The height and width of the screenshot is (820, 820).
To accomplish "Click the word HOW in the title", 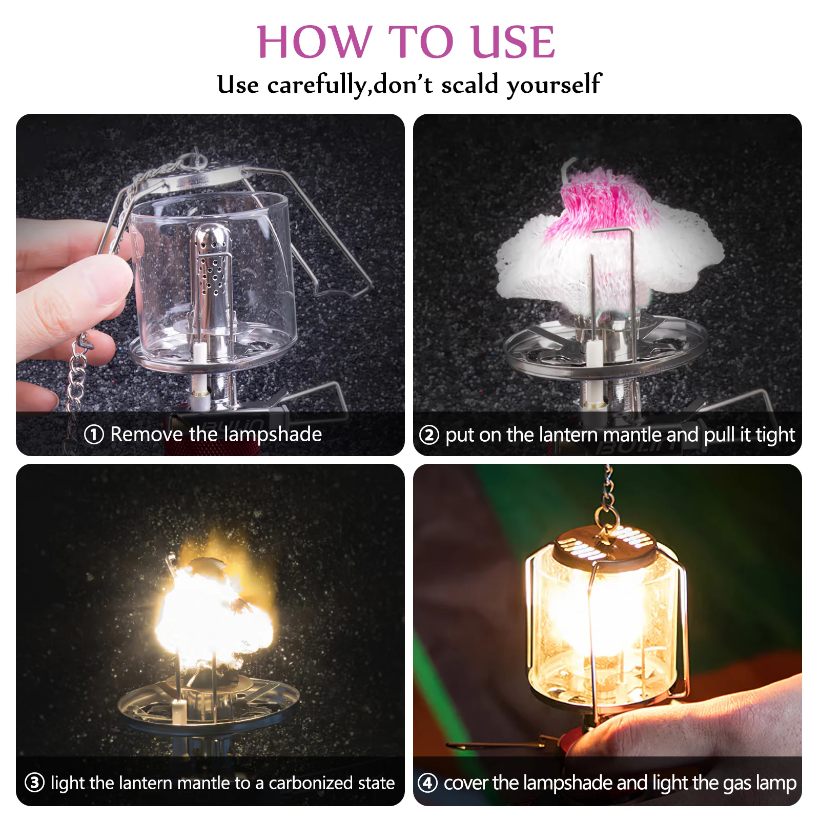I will click(314, 42).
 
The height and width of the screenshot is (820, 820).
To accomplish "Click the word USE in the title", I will click(513, 42).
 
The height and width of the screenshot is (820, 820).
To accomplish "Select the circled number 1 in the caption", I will click(94, 435).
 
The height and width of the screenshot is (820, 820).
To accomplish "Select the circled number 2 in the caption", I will click(429, 435).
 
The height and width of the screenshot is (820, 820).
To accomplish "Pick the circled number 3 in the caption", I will click(34, 783).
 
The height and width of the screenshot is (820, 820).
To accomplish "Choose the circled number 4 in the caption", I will click(428, 783).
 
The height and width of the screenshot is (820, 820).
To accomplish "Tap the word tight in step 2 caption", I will click(775, 435).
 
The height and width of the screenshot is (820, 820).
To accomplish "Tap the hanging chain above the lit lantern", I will click(608, 492).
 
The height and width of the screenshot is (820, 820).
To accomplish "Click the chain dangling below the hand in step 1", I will click(77, 374).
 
